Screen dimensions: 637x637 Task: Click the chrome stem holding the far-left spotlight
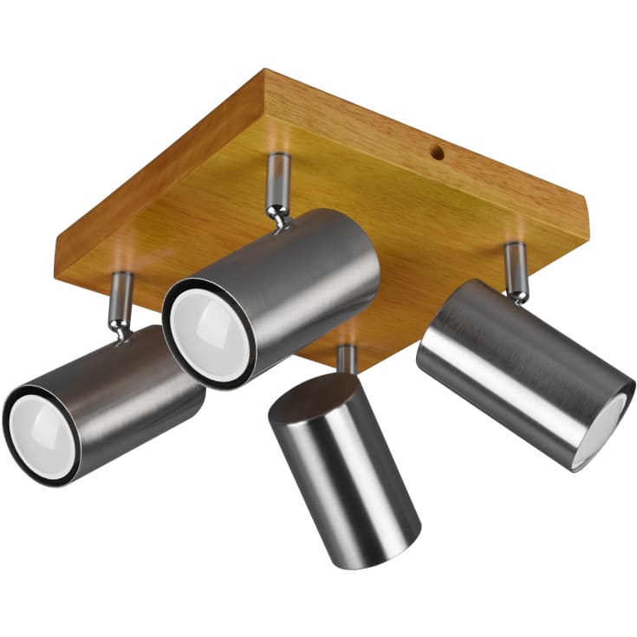[x=120, y=302]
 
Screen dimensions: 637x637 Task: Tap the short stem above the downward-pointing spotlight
[x=347, y=358]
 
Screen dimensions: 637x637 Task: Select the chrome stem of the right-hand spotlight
[x=517, y=270]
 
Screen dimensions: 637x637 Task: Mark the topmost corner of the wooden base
[x=265, y=74]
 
